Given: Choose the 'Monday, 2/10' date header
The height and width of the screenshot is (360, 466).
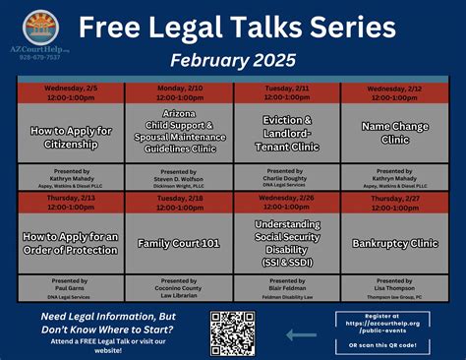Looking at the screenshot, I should point(179,93).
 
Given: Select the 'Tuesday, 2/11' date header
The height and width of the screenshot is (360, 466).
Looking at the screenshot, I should point(286,93).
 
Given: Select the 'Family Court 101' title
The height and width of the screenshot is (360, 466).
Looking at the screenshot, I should point(179,241).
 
